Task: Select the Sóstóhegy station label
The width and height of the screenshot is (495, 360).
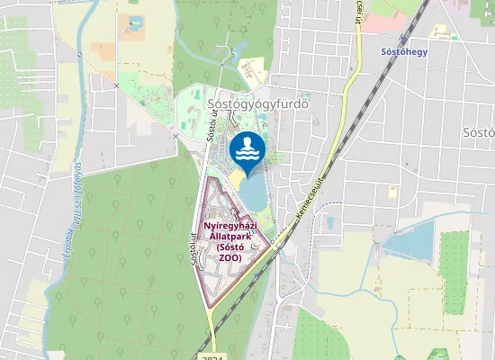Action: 404,52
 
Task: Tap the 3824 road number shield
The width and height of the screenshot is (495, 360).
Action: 212,356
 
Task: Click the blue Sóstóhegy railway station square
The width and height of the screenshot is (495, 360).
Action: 404,40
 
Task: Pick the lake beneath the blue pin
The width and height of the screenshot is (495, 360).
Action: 253,190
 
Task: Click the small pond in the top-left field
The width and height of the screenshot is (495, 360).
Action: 135,24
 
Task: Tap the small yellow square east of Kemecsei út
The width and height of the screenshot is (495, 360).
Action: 392,192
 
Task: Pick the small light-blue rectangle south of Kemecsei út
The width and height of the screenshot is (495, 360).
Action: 329,222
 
